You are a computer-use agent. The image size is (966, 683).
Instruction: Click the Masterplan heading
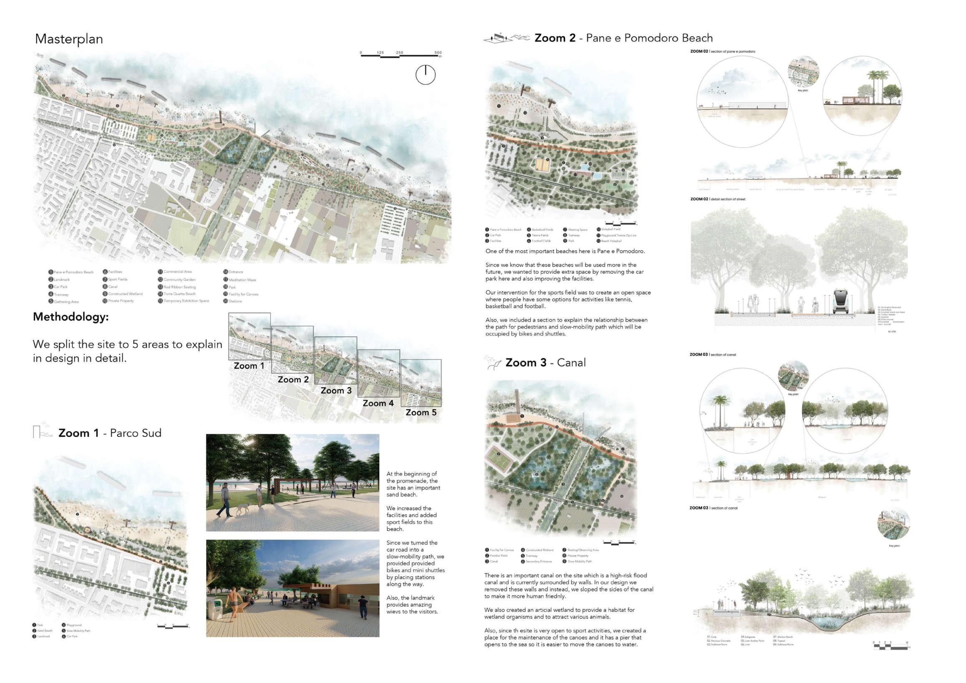(x=69, y=39)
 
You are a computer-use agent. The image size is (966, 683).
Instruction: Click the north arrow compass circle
(x=425, y=75)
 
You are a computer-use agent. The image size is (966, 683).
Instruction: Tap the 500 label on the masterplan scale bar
(x=438, y=53)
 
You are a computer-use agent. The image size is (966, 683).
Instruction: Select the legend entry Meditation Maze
(x=242, y=280)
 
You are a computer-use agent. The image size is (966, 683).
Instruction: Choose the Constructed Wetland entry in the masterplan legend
(x=125, y=294)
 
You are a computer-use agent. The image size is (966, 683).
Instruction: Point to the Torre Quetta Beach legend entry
(x=179, y=294)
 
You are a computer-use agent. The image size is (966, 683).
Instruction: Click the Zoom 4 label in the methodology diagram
(x=378, y=403)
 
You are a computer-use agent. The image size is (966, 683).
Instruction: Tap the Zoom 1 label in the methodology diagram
(x=249, y=366)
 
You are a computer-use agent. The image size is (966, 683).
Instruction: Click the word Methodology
(x=71, y=317)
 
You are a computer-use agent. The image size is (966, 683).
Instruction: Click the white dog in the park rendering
(x=242, y=508)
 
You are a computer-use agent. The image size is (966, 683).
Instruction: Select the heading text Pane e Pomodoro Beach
(x=649, y=38)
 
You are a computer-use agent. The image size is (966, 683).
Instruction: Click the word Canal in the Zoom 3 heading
(x=571, y=363)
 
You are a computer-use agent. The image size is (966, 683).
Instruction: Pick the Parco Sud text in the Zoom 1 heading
(x=136, y=433)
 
